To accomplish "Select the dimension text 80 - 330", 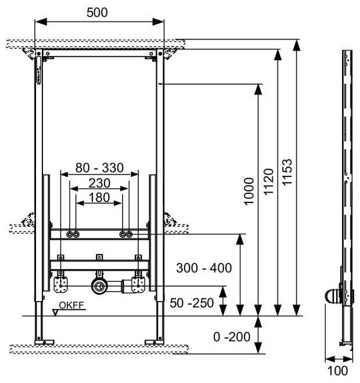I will pos(99,168).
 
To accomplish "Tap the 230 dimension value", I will pos(99,182).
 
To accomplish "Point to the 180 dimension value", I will pos(99,197).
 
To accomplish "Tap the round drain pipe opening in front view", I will pos(99,286).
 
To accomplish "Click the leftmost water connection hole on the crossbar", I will pos(70,234).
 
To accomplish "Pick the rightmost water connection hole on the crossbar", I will pos(129,234).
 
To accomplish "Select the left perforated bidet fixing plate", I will pos(61,285).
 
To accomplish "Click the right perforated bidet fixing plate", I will pos(138,285).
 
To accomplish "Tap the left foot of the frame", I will pos(42,339).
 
